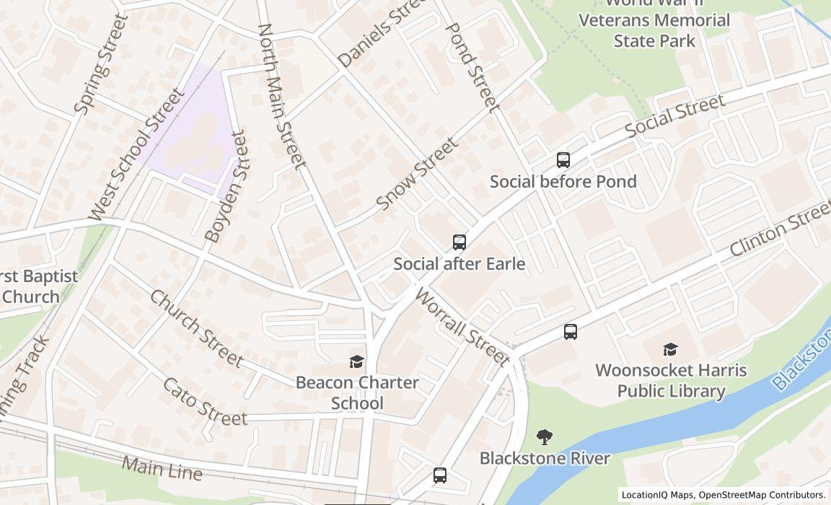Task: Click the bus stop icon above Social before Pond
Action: click(563, 160)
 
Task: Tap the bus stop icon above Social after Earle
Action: click(460, 242)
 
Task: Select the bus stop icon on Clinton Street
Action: click(571, 332)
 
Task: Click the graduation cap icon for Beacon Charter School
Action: click(356, 361)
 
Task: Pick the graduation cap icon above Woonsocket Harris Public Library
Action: click(671, 350)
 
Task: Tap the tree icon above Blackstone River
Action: click(545, 436)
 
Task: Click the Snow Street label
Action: click(417, 175)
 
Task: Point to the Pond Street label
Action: click(472, 67)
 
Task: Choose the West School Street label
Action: click(136, 154)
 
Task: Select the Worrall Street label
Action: click(462, 327)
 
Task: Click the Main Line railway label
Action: click(162, 468)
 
